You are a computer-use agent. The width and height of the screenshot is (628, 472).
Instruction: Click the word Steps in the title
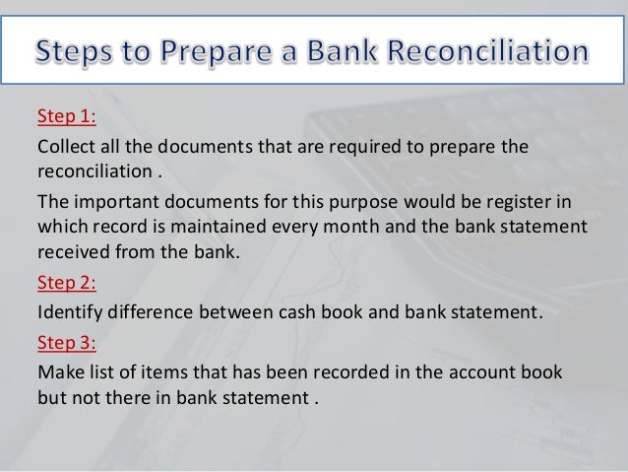(x=82, y=48)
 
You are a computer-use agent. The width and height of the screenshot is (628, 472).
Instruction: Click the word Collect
(x=64, y=149)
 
